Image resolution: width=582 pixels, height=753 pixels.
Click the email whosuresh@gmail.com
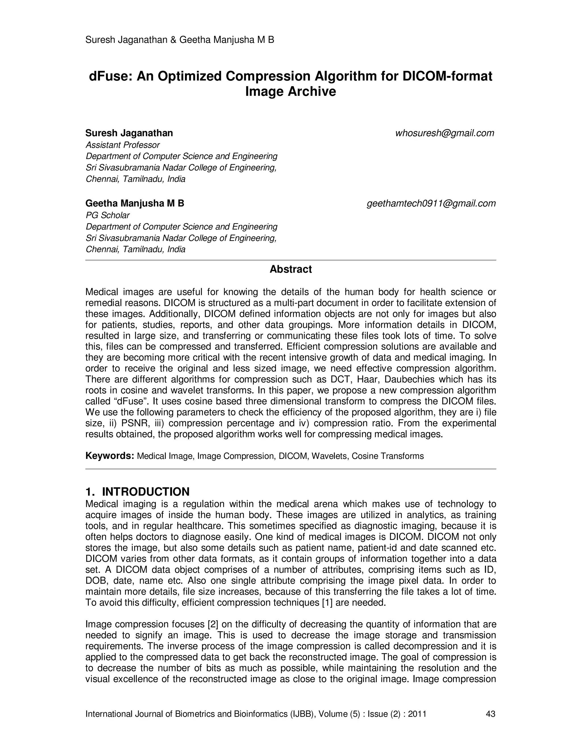[444, 133]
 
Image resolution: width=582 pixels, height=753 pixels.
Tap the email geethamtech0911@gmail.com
[431, 203]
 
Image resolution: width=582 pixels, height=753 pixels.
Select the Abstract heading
[290, 269]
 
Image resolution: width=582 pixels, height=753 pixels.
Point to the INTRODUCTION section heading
[145, 491]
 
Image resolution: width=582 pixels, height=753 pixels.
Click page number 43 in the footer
[490, 714]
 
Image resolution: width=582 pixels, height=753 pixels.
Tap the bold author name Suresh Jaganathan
[129, 133]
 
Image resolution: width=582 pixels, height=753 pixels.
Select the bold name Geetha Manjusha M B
[134, 203]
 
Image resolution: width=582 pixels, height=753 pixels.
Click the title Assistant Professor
[122, 145]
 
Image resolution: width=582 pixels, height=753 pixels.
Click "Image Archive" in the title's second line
[290, 92]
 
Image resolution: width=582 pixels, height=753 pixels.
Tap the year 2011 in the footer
[417, 714]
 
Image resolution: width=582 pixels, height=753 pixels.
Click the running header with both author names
[180, 40]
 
